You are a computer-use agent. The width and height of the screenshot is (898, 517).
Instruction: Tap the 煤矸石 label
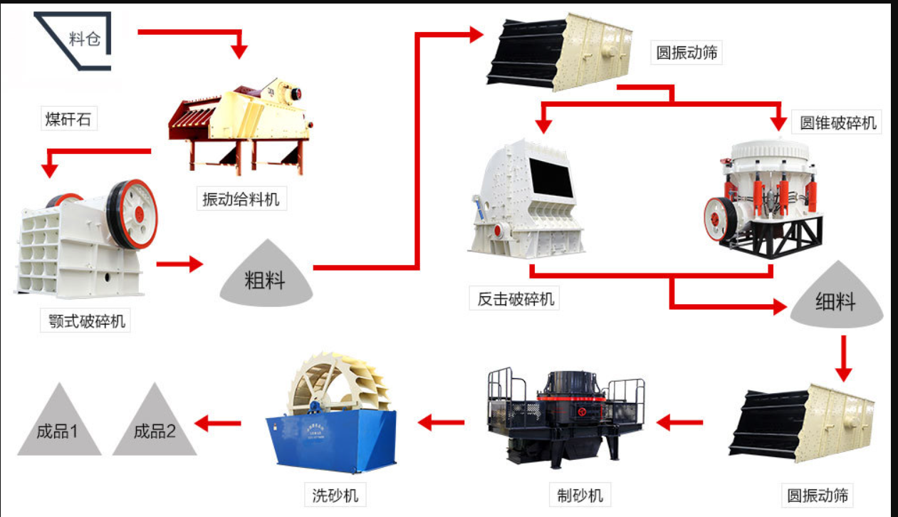point(68,119)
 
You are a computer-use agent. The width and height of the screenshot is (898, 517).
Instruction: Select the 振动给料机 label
point(241,199)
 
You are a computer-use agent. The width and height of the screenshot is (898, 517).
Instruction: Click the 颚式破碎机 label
point(85,320)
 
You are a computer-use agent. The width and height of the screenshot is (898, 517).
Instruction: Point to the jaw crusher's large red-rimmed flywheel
point(133,214)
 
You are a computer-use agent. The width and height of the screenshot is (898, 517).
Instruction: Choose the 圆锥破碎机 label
point(837,122)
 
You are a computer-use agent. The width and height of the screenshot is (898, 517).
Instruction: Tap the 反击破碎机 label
point(514,298)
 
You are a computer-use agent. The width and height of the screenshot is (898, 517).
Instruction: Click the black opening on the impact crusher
point(550,177)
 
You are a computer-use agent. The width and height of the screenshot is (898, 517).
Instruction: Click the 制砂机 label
point(580,495)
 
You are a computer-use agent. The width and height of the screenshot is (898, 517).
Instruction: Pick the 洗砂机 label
point(335,495)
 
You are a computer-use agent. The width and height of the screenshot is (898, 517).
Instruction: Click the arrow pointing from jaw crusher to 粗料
point(179,264)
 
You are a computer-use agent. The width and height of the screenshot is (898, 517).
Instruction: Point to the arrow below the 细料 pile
point(843,359)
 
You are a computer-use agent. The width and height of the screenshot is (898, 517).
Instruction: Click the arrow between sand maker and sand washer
point(441,422)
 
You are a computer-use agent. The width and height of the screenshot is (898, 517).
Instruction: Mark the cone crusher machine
point(763,199)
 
